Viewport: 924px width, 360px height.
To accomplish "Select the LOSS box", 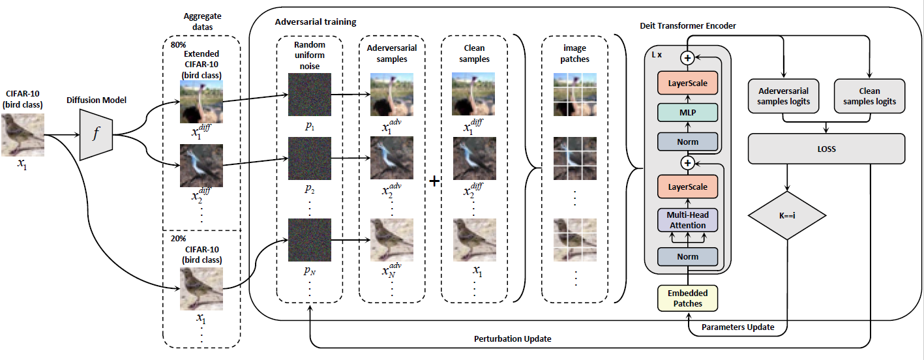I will coord(826,149).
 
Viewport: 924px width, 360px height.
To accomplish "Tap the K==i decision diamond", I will coord(787,215).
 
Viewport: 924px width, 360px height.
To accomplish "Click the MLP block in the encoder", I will coord(687,112).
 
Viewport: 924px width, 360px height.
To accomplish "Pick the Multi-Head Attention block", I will coord(687,220).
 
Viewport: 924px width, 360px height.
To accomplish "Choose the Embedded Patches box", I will coord(687,298).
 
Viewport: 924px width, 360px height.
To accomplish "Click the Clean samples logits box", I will coord(870,96).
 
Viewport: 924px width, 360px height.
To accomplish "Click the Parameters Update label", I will coord(738,327).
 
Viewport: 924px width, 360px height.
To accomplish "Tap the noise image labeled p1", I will coord(310,93).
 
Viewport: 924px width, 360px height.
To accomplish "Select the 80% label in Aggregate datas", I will coord(177,45).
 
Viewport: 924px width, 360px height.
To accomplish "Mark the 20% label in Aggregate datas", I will coord(177,239).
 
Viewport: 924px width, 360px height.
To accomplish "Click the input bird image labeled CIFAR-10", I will coord(23,135).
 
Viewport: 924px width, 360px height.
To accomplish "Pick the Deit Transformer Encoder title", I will coord(687,25).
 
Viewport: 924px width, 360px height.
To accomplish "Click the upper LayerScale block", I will coord(687,83).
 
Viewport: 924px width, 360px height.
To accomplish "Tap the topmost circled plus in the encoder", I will coord(687,58).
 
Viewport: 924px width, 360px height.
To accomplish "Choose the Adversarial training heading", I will coord(316,22).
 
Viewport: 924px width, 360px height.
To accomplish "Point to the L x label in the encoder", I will coord(657,55).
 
